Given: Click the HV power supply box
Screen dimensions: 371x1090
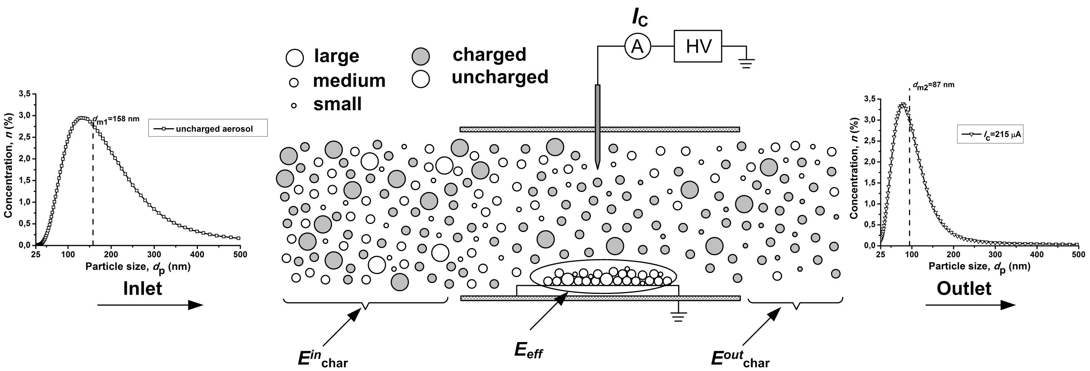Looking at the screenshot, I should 698,46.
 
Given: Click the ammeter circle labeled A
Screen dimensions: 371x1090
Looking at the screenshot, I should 637,47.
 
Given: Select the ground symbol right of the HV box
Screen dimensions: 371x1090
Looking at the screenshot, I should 746,63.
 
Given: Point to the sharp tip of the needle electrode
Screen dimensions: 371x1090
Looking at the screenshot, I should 597,168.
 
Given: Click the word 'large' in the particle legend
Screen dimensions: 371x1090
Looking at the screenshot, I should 336,56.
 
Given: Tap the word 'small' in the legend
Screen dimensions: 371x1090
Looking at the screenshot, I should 337,104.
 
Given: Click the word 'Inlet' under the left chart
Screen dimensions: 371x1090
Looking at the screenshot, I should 143,289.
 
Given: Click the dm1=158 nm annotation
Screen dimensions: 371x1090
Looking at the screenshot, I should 116,119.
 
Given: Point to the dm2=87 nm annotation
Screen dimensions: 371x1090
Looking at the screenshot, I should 934,85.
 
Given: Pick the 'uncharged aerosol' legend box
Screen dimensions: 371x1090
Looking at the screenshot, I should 208,128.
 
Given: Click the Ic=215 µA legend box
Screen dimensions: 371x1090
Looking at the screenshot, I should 990,134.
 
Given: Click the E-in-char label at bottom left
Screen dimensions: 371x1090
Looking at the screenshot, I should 322,359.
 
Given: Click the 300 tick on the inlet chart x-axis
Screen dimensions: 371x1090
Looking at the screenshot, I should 154,254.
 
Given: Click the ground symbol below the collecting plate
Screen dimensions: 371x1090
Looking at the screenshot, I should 678,316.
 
